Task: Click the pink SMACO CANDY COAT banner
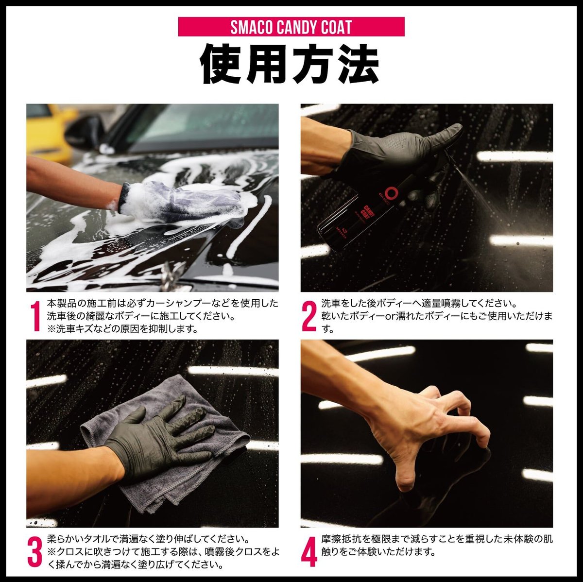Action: pyautogui.click(x=291, y=27)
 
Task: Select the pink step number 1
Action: pyautogui.click(x=35, y=316)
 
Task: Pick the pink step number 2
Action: pyautogui.click(x=309, y=316)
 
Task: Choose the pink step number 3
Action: pyautogui.click(x=35, y=552)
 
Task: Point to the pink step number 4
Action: pyautogui.click(x=309, y=552)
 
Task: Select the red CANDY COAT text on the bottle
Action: pyautogui.click(x=368, y=212)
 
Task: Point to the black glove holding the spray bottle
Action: pyautogui.click(x=402, y=157)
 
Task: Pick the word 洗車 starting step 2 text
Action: pyautogui.click(x=331, y=303)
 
